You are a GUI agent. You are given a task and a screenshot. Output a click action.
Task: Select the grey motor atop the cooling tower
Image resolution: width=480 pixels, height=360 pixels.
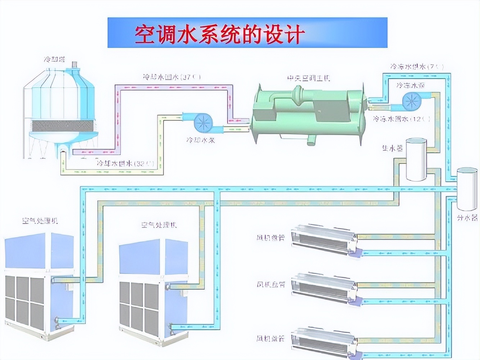pos(75,64)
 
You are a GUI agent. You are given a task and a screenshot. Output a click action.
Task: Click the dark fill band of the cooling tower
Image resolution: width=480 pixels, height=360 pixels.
pos(63,126)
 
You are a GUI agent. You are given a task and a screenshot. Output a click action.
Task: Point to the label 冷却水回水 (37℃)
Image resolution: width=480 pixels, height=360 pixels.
pos(172,77)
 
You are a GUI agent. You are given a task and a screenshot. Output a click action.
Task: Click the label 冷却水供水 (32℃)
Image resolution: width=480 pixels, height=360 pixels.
pos(125,163)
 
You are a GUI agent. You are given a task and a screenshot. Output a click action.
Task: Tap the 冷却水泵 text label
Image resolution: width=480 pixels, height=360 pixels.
pos(200,140)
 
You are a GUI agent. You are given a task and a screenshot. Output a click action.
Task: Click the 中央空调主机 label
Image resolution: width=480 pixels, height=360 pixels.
pos(308,78)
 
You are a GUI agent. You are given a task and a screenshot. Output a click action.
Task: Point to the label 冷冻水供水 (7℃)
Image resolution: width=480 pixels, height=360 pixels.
pos(417,67)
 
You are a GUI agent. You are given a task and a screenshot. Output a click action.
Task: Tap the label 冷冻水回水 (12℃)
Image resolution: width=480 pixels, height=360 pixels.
pos(401,119)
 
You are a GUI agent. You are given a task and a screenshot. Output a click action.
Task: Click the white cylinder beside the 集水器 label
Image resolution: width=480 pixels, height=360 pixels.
pos(416,159)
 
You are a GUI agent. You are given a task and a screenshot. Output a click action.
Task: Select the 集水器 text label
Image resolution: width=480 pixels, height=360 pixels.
pos(392,148)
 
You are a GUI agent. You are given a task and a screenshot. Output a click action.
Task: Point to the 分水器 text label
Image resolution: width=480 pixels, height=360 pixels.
pos(467,217)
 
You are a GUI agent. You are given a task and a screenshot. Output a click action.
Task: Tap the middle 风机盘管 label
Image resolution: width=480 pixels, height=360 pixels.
pos(271,284)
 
